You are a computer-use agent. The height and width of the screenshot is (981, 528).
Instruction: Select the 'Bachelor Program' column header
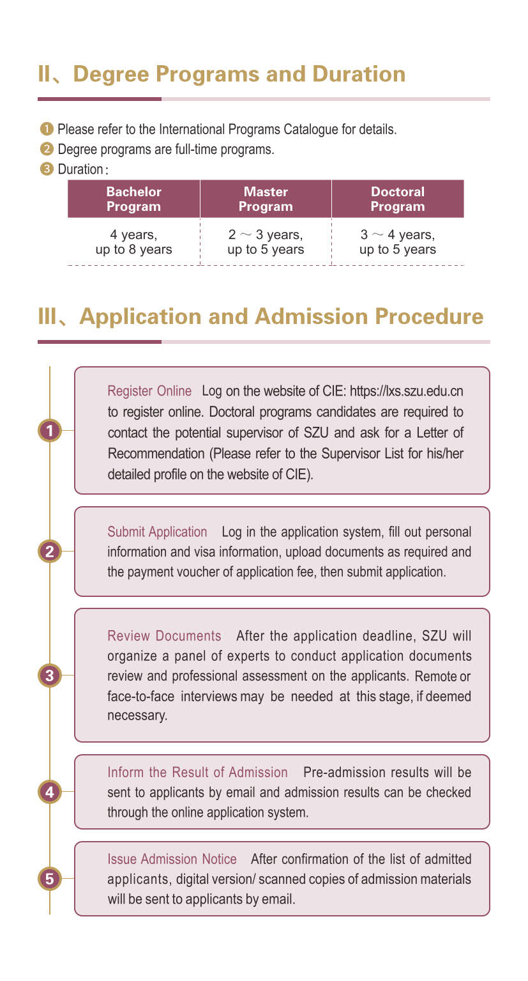point(133,199)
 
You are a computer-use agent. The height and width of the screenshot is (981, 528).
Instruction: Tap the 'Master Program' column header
point(266,199)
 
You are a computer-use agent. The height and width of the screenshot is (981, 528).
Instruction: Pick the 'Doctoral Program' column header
point(398,199)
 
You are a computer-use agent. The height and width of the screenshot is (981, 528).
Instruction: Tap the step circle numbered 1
point(50,430)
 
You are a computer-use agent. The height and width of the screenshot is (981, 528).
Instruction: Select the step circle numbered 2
point(50,551)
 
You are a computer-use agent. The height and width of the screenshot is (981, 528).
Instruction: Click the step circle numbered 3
point(50,675)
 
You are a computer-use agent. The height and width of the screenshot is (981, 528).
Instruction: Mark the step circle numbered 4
point(50,792)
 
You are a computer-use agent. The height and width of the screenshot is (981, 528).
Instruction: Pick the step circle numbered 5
point(50,879)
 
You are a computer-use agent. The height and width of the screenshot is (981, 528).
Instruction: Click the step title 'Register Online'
point(149,390)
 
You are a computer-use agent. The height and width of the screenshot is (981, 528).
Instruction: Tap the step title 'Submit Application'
point(157,532)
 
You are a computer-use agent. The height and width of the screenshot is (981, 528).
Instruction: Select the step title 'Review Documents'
point(165,636)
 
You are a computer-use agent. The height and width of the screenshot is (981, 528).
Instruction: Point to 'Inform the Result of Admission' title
point(197,773)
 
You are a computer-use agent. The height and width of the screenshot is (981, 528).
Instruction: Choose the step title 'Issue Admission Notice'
point(172,859)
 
